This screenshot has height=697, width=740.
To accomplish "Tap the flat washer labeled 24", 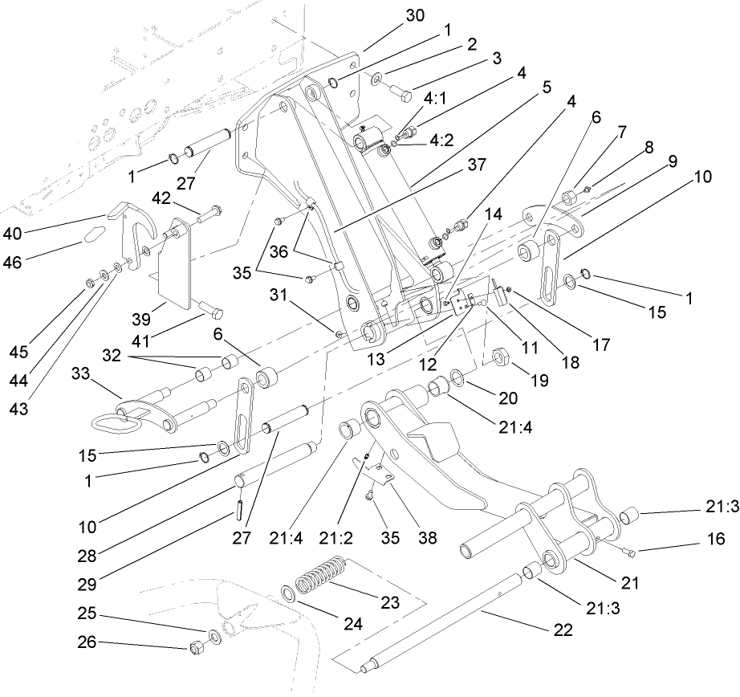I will click(287, 595).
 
